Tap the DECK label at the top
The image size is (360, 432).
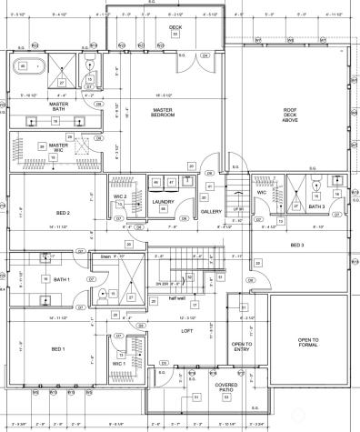[175, 28]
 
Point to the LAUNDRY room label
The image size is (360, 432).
[164, 202]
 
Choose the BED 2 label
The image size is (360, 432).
[62, 214]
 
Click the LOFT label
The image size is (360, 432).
[187, 330]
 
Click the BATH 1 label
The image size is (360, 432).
[62, 279]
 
